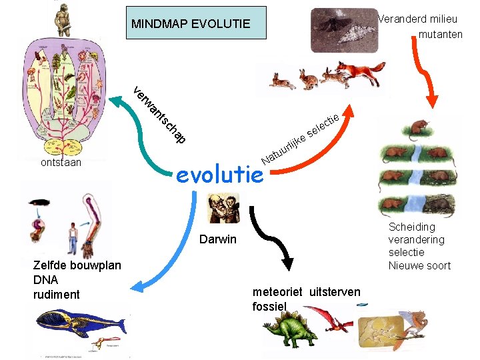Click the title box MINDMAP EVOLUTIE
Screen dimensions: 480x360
191,24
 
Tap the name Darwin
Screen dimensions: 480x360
218,239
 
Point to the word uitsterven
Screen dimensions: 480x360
335,292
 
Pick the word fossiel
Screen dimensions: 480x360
269,307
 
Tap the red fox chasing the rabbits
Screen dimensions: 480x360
360,72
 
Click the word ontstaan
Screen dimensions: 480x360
61,162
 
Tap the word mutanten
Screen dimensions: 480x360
441,34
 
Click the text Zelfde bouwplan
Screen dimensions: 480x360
77,265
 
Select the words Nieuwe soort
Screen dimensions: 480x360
419,265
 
